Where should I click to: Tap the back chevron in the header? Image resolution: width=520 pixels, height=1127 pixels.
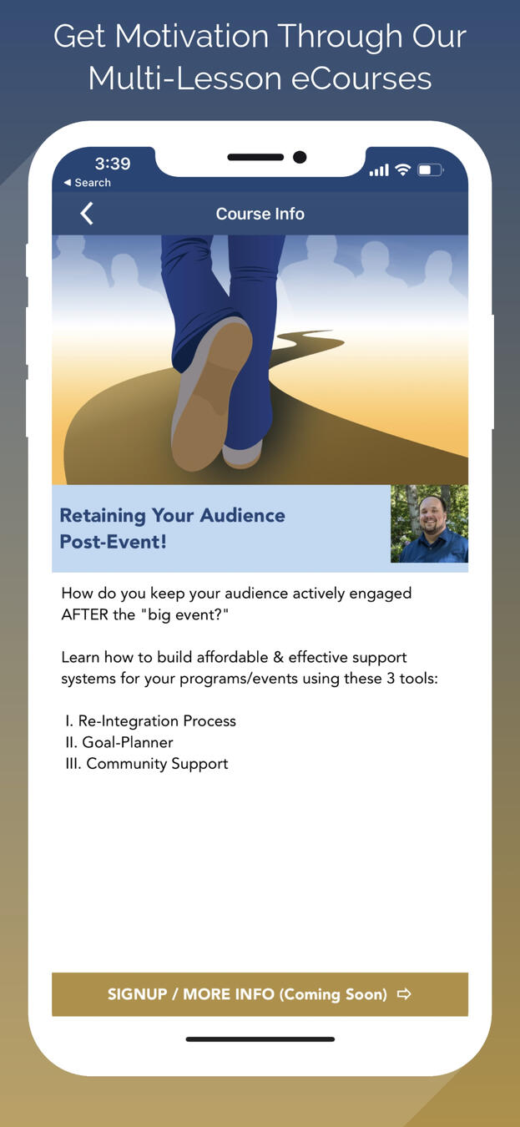point(87,214)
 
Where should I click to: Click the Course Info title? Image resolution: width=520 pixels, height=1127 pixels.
point(260,214)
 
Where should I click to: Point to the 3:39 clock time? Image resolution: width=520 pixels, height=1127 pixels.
point(113,164)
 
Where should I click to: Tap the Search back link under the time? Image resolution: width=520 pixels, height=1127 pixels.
point(88,183)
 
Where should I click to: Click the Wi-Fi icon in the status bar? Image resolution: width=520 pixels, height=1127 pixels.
point(402,170)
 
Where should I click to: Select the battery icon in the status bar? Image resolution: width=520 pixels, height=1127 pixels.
point(430,170)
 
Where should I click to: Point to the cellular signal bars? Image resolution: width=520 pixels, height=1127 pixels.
point(379,170)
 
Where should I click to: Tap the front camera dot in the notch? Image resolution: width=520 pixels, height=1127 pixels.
point(300,158)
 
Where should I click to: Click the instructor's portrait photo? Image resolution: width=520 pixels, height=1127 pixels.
point(430,523)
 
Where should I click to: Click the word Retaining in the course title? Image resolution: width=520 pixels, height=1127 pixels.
point(103,516)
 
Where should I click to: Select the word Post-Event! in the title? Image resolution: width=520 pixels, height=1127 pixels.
point(114,542)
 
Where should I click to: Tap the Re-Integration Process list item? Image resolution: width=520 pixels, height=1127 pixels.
point(150,721)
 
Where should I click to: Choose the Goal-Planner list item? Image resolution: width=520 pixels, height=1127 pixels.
point(119,742)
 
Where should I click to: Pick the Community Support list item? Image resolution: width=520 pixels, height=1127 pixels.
point(147,764)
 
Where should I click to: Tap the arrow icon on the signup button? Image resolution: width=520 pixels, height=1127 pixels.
point(404,993)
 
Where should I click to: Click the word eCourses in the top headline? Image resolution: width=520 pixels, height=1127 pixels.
point(361,79)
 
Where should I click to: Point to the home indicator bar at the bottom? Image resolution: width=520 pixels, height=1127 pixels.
point(260,1039)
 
